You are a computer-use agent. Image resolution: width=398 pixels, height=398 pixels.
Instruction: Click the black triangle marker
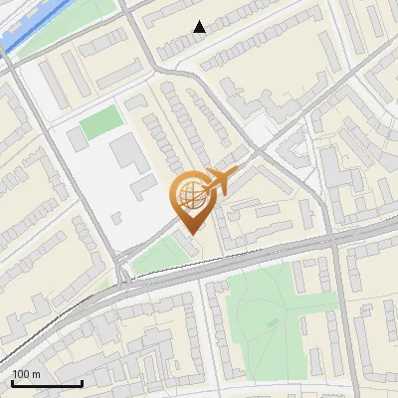tap(200, 27)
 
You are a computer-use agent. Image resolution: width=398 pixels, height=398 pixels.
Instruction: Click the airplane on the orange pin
tap(220, 181)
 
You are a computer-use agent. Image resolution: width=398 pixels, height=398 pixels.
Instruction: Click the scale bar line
tap(47, 383)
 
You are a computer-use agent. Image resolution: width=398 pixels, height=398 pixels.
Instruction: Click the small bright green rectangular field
tap(100, 124)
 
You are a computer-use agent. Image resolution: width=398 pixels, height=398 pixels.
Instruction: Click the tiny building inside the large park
tap(274, 322)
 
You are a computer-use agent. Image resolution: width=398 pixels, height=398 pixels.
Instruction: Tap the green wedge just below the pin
tap(159, 257)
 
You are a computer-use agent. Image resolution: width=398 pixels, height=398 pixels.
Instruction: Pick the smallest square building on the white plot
tap(117, 216)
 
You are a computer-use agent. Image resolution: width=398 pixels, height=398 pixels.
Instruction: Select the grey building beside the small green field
tap(73, 140)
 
